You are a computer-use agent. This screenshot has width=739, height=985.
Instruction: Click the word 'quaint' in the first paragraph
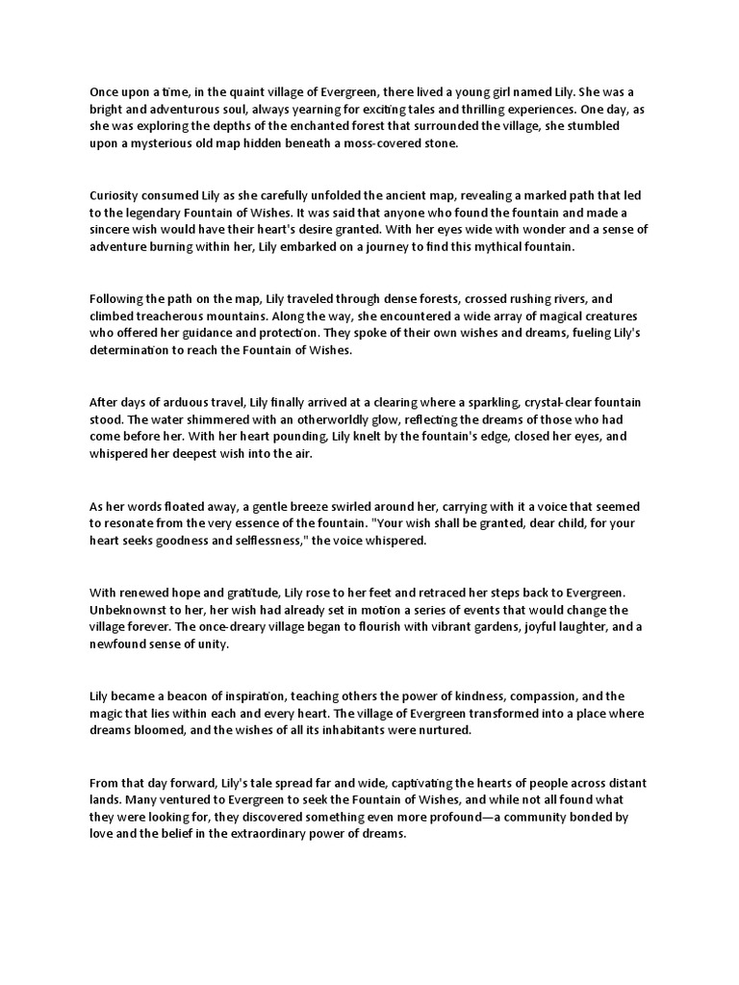[235, 92]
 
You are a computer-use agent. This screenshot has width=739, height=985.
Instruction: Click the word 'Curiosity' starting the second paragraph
[115, 195]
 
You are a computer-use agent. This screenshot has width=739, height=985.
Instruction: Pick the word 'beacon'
[191, 695]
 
